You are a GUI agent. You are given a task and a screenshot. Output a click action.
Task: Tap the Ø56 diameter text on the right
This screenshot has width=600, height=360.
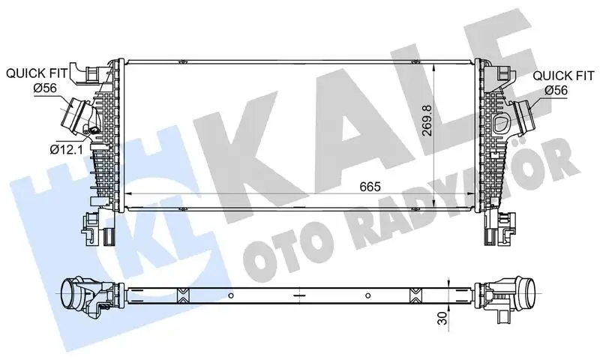point(555,89)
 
